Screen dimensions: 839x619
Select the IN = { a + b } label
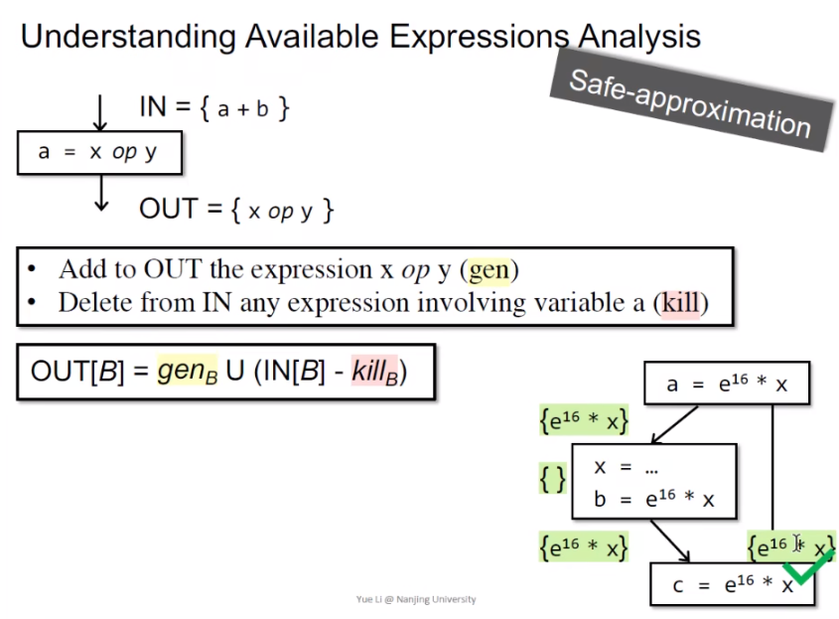coord(213,107)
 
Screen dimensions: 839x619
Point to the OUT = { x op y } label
coord(236,210)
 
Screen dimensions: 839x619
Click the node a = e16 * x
coord(727,384)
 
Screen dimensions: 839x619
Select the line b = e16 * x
coord(653,500)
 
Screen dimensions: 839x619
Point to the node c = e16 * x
coord(732,584)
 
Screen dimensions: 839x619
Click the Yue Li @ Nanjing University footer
coord(416,599)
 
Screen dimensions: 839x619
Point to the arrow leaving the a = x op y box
coord(99,192)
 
